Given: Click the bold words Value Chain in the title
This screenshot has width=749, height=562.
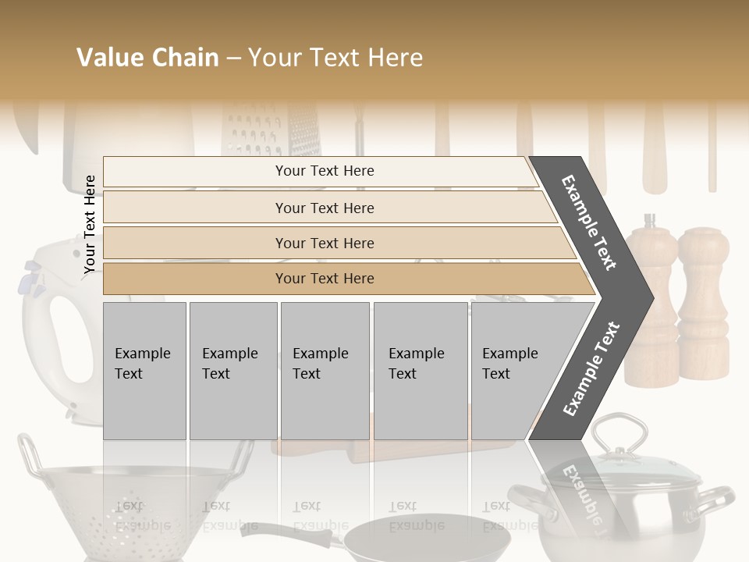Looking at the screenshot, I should [147, 58].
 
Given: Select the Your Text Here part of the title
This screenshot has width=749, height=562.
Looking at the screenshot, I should [335, 58].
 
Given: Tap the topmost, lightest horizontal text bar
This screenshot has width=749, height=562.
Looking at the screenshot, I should [324, 171].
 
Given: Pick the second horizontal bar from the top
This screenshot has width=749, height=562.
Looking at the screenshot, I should [324, 208].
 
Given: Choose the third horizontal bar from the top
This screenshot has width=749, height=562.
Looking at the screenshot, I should [324, 243].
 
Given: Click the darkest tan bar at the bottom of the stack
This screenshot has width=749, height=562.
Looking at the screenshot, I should [324, 279].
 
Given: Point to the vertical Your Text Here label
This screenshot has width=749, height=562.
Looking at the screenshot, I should [91, 224].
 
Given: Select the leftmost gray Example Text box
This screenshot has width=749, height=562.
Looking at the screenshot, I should [144, 370].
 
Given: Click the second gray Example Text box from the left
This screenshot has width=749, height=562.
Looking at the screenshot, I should [233, 370].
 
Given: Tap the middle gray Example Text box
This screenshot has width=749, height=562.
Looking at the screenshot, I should [325, 370].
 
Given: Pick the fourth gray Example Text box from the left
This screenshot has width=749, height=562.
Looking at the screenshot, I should [420, 370].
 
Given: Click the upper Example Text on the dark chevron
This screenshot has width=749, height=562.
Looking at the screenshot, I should [590, 223].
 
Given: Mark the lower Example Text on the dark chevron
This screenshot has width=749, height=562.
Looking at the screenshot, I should [591, 368].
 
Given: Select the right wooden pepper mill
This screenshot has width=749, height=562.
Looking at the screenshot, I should [702, 304].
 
